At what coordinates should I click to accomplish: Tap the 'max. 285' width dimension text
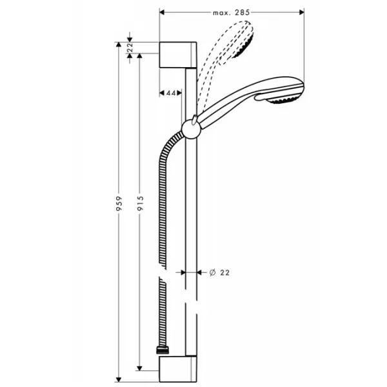point(231,12)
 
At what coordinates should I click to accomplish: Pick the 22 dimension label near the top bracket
point(132,48)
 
